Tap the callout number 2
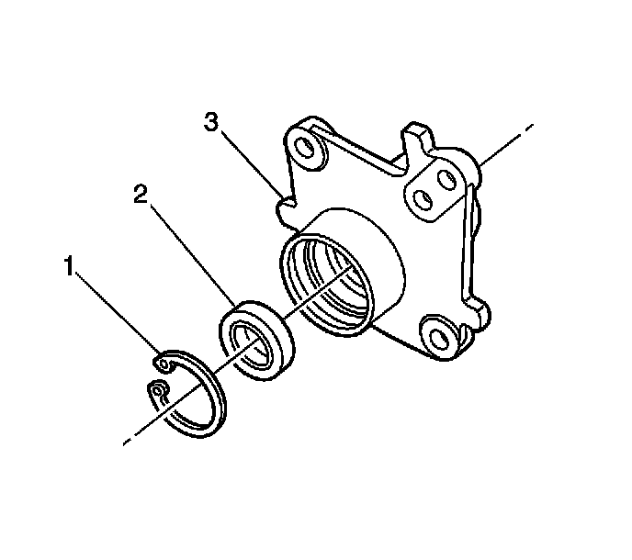coord(141,195)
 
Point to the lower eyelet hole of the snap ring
coord(159,397)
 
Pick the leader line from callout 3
coord(250,160)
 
